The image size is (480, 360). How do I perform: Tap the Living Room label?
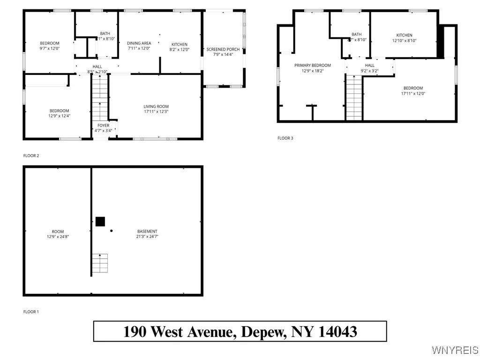[x=156, y=106]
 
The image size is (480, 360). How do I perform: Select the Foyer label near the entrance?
[x=103, y=126]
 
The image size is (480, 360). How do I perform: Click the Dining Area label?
[x=139, y=43]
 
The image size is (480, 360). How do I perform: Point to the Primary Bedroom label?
[x=312, y=65]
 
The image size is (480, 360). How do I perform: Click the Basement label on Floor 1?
[x=147, y=231]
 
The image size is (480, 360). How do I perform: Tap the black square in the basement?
[x=100, y=222]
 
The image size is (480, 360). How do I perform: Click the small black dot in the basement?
[x=111, y=231]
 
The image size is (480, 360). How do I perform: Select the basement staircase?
[x=99, y=263]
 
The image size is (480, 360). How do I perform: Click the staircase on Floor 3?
[x=354, y=98]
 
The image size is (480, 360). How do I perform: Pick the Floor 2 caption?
[x=31, y=155]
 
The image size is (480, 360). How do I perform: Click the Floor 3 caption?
[x=285, y=138]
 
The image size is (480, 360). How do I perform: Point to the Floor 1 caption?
[x=31, y=311]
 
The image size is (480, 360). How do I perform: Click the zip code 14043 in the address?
[x=337, y=332]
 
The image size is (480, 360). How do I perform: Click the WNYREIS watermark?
[x=454, y=350]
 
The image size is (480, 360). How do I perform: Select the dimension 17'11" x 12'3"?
[x=156, y=112]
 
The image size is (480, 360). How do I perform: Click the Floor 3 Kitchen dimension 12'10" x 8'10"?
[x=404, y=40]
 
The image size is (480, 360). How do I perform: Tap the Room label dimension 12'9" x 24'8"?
[x=58, y=236]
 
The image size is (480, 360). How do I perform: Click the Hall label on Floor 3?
[x=369, y=65]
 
